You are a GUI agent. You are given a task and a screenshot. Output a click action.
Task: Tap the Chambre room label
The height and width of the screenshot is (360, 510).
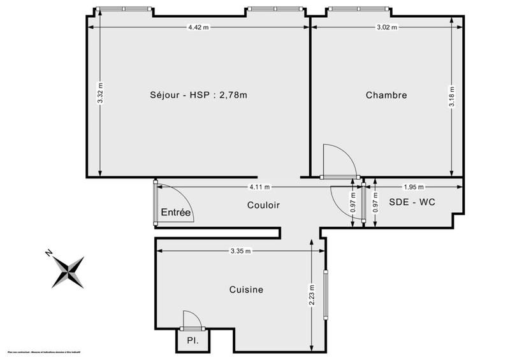pos(386,96)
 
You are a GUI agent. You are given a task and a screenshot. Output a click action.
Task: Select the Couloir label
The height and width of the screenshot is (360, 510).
pos(263,205)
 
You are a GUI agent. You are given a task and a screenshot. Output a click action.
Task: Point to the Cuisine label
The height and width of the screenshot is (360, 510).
pos(246,290)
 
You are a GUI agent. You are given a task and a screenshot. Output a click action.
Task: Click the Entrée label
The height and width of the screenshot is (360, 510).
pos(176,213)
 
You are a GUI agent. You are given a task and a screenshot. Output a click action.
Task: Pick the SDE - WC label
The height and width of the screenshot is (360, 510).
pos(412,203)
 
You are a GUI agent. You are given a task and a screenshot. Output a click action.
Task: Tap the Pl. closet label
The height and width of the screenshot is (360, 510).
pos(192,341)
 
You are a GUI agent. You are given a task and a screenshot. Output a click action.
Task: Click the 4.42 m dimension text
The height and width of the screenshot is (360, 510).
pos(198,27)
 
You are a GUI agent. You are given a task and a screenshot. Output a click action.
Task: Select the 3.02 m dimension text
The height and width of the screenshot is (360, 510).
pos(387,27)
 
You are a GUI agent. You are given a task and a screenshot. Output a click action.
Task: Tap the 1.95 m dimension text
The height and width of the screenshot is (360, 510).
pos(414,187)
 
